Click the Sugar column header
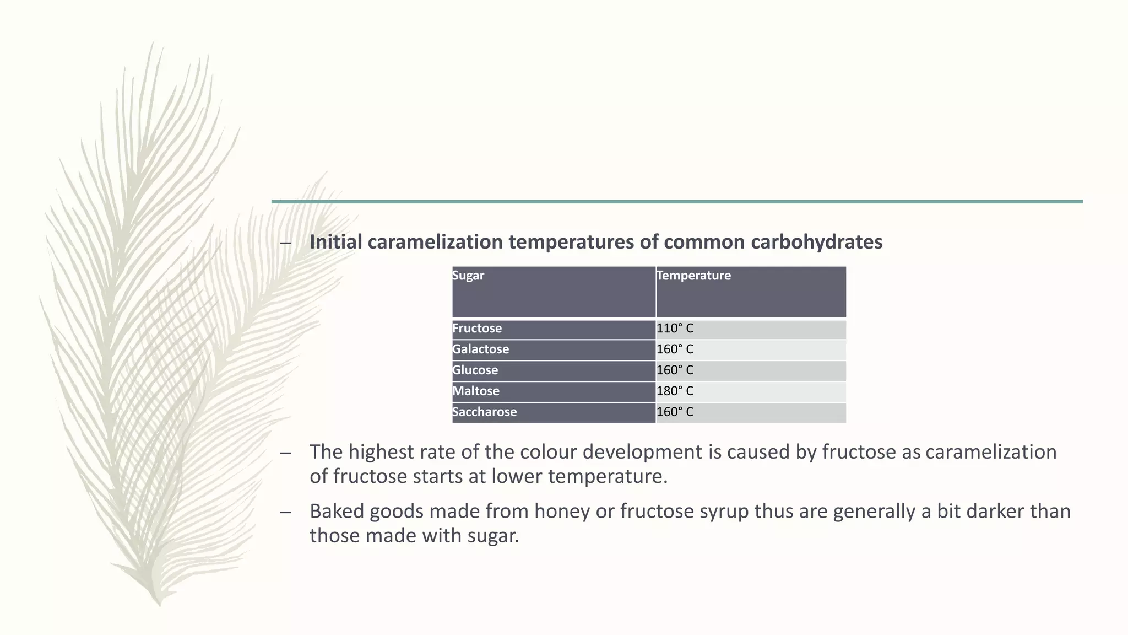pos(468,276)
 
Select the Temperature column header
pos(693,276)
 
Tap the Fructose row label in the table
pos(477,329)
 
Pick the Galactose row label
pos(480,349)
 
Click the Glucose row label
pos(475,370)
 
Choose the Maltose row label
pos(476,391)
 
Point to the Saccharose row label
pos(484,412)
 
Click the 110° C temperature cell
pos(675,329)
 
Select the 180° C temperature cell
pos(675,391)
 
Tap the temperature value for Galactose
pos(675,349)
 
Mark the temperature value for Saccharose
pos(675,412)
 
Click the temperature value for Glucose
pos(675,370)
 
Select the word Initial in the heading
pos(336,242)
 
